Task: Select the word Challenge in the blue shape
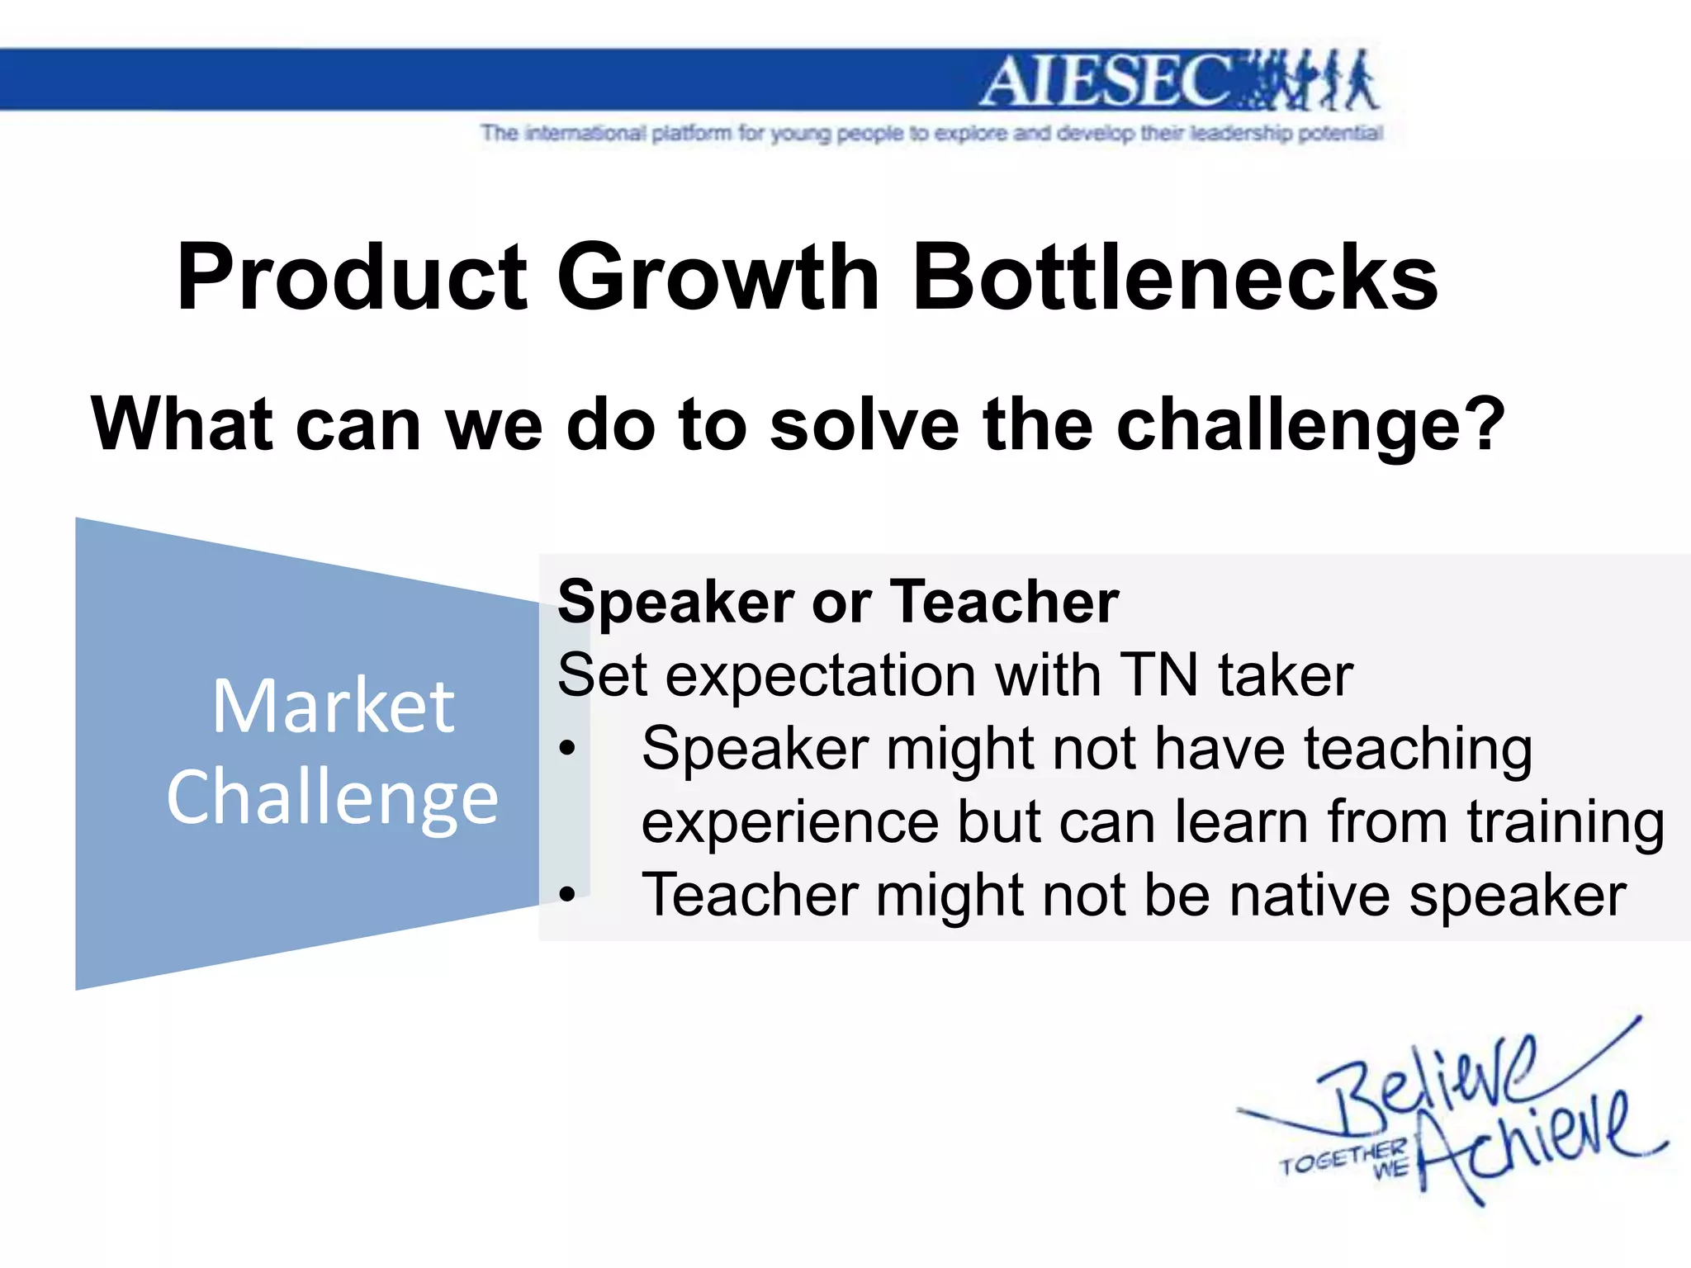pos(333,797)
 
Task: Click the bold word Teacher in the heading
pos(1004,601)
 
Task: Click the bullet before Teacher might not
pos(566,894)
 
